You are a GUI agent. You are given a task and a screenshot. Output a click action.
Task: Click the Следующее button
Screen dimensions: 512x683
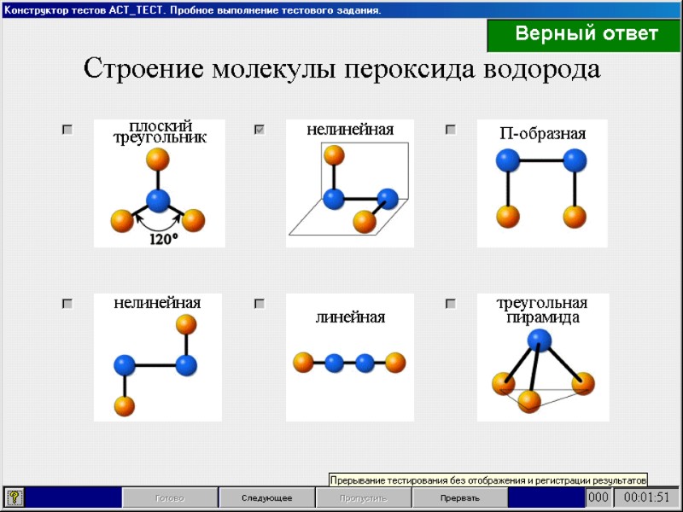[266, 497]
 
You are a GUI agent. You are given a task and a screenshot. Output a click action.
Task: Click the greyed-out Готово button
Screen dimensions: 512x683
[169, 497]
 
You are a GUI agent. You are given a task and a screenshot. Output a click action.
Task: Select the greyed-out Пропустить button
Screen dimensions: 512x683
[363, 497]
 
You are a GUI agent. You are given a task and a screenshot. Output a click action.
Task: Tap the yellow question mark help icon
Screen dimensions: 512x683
[15, 497]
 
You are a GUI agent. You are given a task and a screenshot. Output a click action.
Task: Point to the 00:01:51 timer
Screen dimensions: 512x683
[646, 497]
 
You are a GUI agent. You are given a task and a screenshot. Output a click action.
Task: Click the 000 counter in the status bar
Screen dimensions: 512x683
[598, 497]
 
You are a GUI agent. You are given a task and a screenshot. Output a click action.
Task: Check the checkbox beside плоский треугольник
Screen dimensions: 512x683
[67, 130]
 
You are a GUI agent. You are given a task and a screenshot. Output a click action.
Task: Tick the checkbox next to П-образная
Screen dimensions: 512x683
[451, 130]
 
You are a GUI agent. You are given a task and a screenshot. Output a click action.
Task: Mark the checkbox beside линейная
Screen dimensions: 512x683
[260, 303]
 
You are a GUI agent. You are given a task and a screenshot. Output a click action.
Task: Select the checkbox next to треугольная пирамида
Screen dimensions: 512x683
[451, 303]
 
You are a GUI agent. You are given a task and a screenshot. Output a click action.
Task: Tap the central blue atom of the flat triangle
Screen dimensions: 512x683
[158, 201]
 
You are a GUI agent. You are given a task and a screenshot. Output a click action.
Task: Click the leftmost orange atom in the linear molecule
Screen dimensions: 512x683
[302, 363]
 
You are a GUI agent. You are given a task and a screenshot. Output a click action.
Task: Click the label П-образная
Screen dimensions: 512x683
[542, 134]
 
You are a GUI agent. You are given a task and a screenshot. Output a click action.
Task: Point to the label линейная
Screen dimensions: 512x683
[350, 317]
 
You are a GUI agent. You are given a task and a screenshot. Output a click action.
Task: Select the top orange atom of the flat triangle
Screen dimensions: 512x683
[157, 159]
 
